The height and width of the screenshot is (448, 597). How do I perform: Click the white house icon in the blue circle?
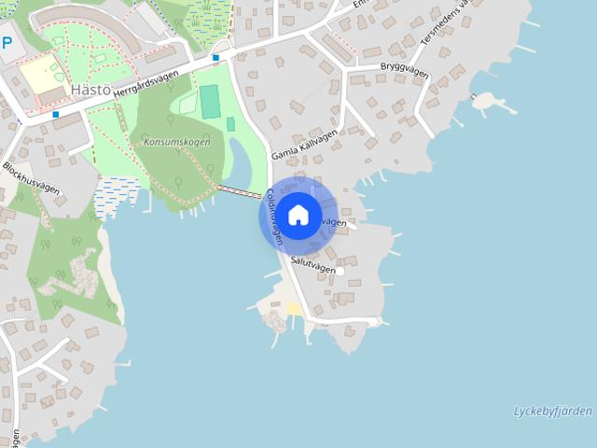[298, 215]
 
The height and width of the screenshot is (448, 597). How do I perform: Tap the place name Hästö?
[90, 90]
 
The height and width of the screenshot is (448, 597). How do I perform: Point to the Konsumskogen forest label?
[176, 142]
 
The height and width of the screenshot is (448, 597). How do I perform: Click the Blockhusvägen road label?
[31, 178]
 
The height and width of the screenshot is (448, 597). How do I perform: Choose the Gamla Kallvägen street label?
[303, 146]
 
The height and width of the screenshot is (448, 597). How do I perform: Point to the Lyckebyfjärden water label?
[553, 412]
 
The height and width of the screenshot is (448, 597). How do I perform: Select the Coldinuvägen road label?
[273, 215]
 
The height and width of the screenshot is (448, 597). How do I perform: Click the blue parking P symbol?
[7, 43]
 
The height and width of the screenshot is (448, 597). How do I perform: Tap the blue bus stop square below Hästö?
[56, 115]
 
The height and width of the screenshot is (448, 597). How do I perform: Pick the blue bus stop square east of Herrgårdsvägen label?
[216, 58]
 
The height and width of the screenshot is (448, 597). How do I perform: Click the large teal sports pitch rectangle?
[210, 101]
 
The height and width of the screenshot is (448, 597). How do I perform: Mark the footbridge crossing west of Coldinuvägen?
[241, 192]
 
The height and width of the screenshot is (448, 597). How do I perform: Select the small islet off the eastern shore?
[486, 101]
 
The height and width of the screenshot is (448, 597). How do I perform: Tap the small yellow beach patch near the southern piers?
[294, 308]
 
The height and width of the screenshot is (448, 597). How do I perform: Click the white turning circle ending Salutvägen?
[340, 271]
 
